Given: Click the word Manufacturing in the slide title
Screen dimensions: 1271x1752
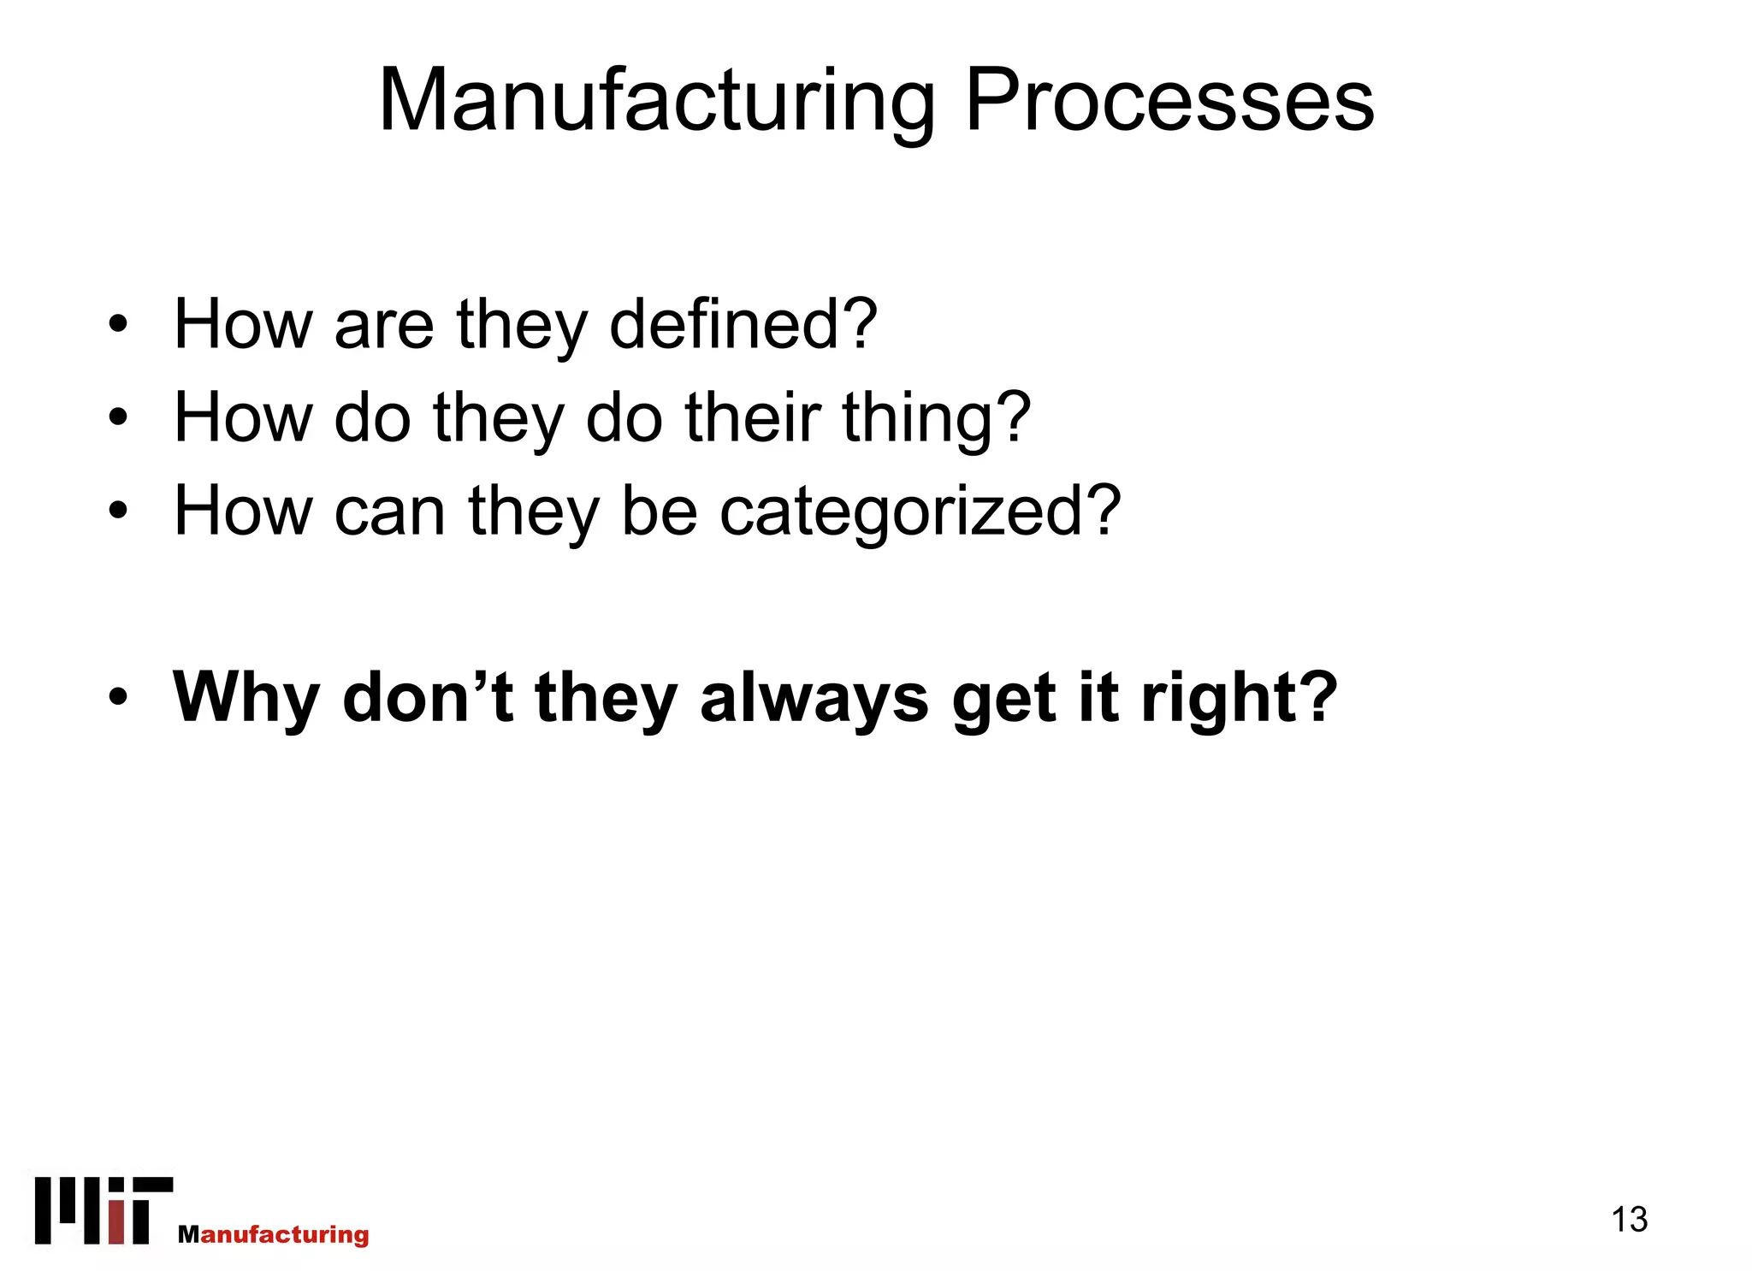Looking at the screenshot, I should tap(656, 102).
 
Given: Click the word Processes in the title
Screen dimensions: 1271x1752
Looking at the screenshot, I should tap(1169, 102).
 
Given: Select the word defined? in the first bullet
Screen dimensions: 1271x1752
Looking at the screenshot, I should tap(743, 325).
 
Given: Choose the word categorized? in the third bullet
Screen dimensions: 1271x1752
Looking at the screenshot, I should tap(920, 511).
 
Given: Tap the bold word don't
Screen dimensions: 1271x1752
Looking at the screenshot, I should tap(428, 696).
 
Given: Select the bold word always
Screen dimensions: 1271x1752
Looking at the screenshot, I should tap(814, 698).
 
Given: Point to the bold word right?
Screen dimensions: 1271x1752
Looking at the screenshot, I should tap(1240, 698).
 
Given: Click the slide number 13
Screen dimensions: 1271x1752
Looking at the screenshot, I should tap(1629, 1219).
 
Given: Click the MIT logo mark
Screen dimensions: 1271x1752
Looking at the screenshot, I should tap(104, 1210).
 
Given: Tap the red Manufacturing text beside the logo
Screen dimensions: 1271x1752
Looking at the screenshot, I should tap(274, 1234).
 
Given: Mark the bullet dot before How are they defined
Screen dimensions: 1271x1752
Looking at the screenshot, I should tap(118, 325).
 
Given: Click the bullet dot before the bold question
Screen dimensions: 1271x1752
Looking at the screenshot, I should tap(118, 697).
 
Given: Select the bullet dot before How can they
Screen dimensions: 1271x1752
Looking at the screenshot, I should tap(118, 511).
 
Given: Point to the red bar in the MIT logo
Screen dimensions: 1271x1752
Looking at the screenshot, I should tap(116, 1223).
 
